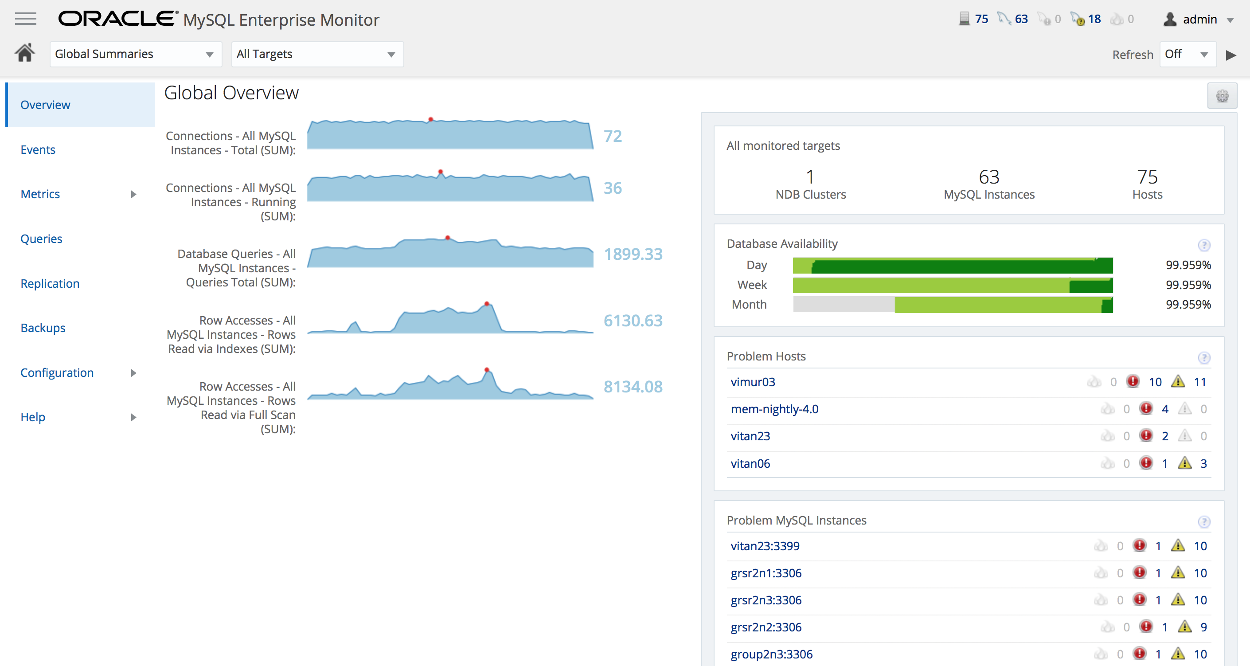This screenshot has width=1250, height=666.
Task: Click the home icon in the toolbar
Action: click(25, 53)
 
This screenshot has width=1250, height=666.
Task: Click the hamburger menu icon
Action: click(25, 19)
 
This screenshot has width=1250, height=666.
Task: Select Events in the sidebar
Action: click(38, 149)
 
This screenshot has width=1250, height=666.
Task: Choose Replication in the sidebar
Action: click(50, 283)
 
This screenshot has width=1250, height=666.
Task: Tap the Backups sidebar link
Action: click(43, 328)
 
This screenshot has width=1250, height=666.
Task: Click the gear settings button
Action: click(1222, 96)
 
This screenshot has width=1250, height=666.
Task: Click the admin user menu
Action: click(1199, 20)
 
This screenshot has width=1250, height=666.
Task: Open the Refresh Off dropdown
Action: click(1187, 54)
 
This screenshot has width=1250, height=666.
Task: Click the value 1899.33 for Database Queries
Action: click(633, 254)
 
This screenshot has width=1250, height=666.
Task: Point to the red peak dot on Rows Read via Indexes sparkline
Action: click(487, 304)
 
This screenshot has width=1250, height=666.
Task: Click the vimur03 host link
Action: click(753, 382)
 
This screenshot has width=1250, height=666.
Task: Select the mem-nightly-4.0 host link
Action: click(774, 409)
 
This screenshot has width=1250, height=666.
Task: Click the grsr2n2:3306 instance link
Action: click(766, 627)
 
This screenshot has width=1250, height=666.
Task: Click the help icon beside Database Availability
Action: click(1204, 245)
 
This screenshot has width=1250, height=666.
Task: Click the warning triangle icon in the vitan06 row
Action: click(1184, 463)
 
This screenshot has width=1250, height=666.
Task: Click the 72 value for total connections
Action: click(613, 136)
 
